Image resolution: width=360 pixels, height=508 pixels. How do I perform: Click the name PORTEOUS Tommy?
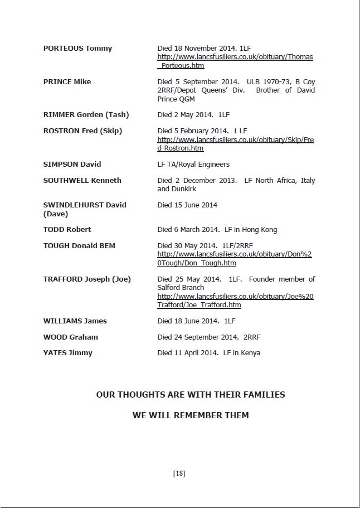pos(77,49)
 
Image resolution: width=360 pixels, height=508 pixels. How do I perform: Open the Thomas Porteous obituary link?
pos(235,61)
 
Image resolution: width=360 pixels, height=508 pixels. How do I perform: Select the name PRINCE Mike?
pos(67,82)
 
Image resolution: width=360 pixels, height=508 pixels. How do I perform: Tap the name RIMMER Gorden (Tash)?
pos(86,115)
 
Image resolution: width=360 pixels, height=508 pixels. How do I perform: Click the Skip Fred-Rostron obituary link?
pos(235,144)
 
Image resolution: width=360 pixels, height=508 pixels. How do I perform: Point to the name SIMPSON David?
pos(72,165)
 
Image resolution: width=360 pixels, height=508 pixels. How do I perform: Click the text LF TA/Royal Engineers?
pos(193,165)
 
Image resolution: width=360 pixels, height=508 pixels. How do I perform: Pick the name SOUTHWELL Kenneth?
pos(82,181)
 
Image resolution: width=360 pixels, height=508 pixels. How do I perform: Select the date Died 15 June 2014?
pos(187,205)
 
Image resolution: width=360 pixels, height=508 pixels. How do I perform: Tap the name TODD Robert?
pos(67,230)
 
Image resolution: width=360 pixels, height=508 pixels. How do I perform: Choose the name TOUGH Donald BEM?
pos(79,246)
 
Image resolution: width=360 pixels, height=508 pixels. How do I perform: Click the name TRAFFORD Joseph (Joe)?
pos(87,279)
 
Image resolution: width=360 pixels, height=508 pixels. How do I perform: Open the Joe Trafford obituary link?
pos(235,301)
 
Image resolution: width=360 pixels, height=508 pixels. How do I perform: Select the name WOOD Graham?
pos(70,337)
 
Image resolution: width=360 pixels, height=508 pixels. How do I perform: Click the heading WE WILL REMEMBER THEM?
pos(191,415)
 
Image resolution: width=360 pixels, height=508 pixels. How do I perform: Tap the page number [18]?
pos(179,473)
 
